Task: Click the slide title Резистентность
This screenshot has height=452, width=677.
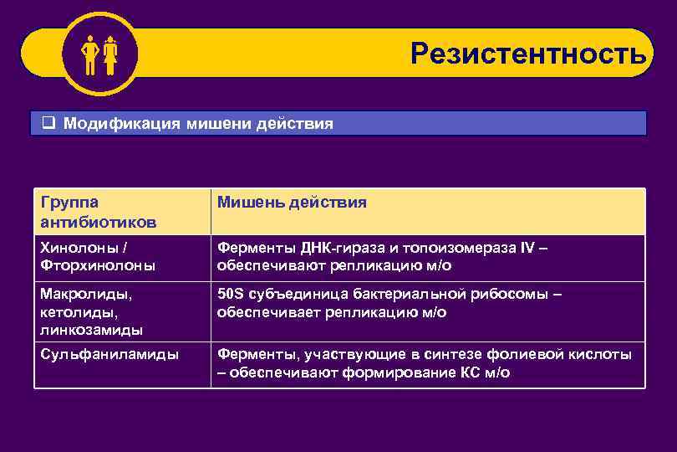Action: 527,54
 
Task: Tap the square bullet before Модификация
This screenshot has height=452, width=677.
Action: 48,124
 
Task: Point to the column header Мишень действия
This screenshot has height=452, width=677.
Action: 292,203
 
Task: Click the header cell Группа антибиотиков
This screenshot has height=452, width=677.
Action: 97,212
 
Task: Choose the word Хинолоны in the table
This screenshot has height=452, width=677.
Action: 75,248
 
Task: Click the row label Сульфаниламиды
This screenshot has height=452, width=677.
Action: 109,354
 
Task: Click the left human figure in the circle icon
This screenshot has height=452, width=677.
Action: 90,55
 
